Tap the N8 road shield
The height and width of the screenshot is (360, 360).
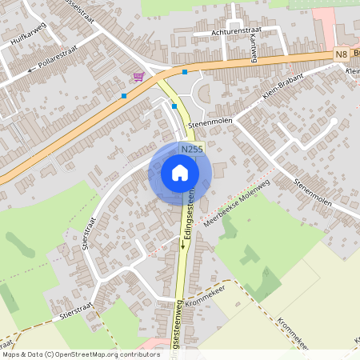[342, 54]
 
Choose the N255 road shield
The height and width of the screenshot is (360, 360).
[191, 149]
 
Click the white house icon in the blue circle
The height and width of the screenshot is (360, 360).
[180, 173]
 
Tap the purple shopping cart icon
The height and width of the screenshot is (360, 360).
[138, 77]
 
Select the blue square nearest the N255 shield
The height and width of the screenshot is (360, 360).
[174, 106]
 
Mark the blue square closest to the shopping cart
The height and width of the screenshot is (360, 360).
[124, 96]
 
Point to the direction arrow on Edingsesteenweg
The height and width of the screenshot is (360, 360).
[182, 245]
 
